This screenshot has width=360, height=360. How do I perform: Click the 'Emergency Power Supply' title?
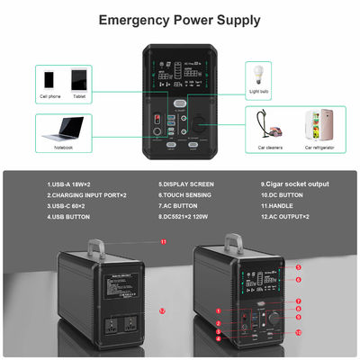179,19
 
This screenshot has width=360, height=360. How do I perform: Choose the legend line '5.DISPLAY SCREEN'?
187,185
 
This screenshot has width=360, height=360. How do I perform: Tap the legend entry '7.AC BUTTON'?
180,205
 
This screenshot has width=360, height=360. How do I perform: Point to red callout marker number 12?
162,310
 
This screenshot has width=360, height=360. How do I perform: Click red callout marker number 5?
298,267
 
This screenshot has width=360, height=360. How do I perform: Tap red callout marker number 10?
298,332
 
